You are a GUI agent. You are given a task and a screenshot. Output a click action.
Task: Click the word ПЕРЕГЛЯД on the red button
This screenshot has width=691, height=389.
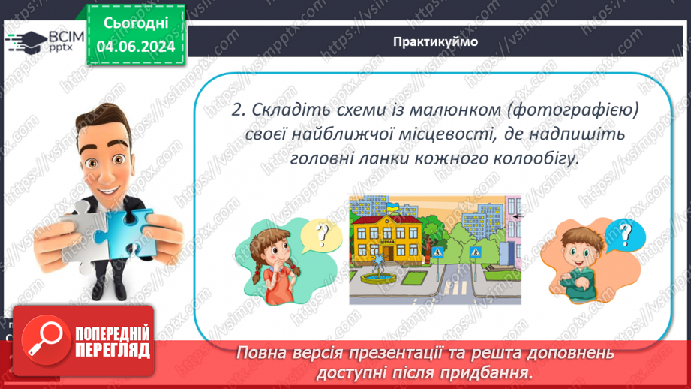[113, 350]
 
